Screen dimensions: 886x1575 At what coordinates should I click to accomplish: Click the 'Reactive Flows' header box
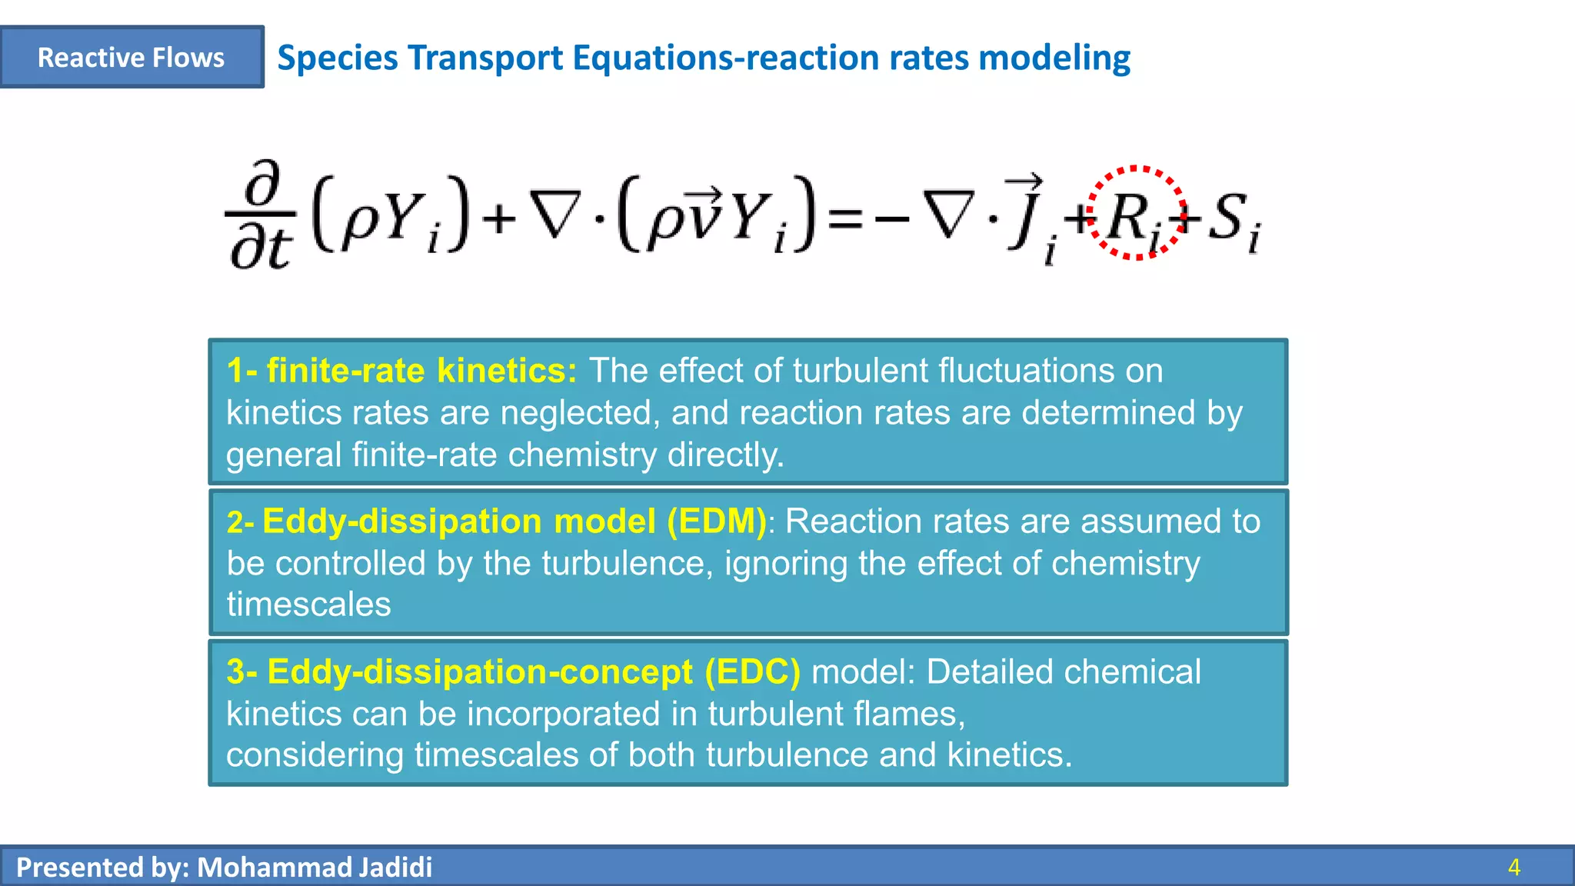pos(132,58)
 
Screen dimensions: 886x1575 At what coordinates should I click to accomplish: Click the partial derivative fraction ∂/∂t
pos(260,215)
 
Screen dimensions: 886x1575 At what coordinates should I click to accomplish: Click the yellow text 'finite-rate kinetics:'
pos(401,371)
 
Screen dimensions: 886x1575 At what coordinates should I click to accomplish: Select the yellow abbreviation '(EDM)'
pos(716,522)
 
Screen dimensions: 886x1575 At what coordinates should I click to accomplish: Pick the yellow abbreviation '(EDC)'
pos(752,672)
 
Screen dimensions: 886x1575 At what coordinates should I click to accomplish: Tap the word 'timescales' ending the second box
pos(308,605)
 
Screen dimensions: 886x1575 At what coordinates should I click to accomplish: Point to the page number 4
pos(1513,868)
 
